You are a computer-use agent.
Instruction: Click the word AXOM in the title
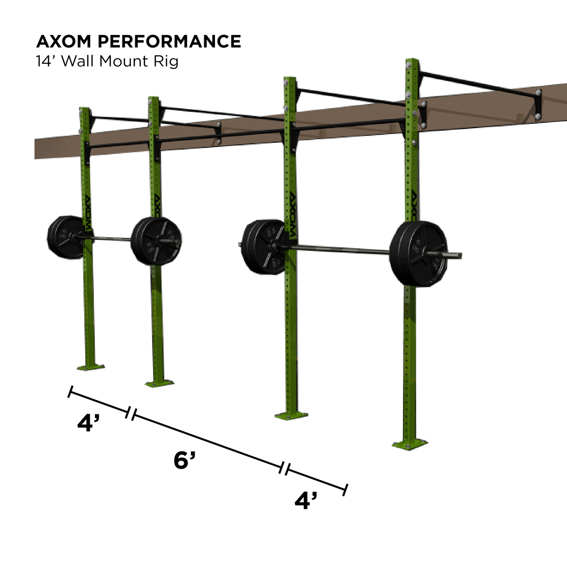tap(64, 42)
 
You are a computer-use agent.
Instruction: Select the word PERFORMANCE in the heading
tap(169, 42)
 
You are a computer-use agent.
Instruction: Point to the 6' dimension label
tap(184, 460)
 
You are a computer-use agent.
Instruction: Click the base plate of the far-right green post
tap(410, 444)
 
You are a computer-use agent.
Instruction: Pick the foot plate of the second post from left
tap(159, 382)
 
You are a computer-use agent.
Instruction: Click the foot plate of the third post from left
tap(291, 416)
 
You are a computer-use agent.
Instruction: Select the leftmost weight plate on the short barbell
tap(65, 237)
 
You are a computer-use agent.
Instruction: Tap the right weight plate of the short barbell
tap(155, 241)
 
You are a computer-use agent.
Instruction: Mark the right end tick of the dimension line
tap(346, 490)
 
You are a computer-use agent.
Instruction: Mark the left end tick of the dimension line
tap(70, 391)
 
